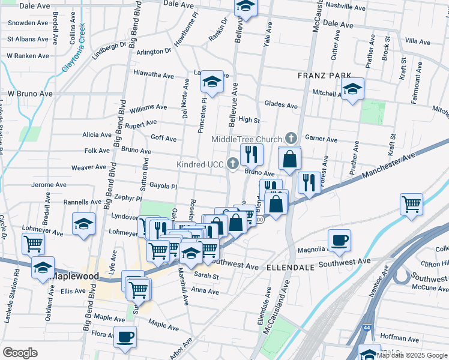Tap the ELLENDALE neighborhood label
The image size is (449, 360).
pyautogui.click(x=287, y=266)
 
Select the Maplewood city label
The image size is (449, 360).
pyautogui.click(x=74, y=276)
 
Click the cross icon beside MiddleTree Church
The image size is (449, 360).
pyautogui.click(x=291, y=138)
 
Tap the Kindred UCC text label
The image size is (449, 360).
pyautogui.click(x=200, y=164)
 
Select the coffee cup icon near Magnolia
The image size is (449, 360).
pyautogui.click(x=339, y=240)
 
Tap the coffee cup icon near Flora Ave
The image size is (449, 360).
pyautogui.click(x=125, y=337)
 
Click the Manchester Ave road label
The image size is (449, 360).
pyautogui.click(x=388, y=167)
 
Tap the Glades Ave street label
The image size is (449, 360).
pyautogui.click(x=281, y=106)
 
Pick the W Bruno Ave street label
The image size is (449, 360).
pyautogui.click(x=30, y=94)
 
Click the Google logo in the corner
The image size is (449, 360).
pyautogui.click(x=20, y=353)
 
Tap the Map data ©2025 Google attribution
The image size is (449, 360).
pyautogui.click(x=412, y=355)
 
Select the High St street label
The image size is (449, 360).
pyautogui.click(x=249, y=120)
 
